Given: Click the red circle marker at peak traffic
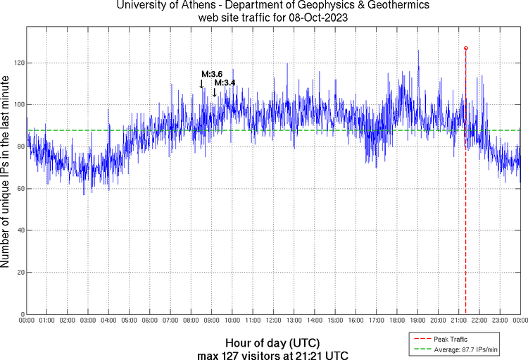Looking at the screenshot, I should point(466,48).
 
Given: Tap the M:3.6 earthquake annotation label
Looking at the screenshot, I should point(212,74).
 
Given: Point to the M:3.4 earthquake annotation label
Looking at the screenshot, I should point(225,82).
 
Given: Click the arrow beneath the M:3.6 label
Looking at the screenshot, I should point(202,84).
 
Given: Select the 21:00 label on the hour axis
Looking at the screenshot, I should point(458,321).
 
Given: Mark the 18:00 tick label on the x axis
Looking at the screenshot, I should point(396,321).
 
